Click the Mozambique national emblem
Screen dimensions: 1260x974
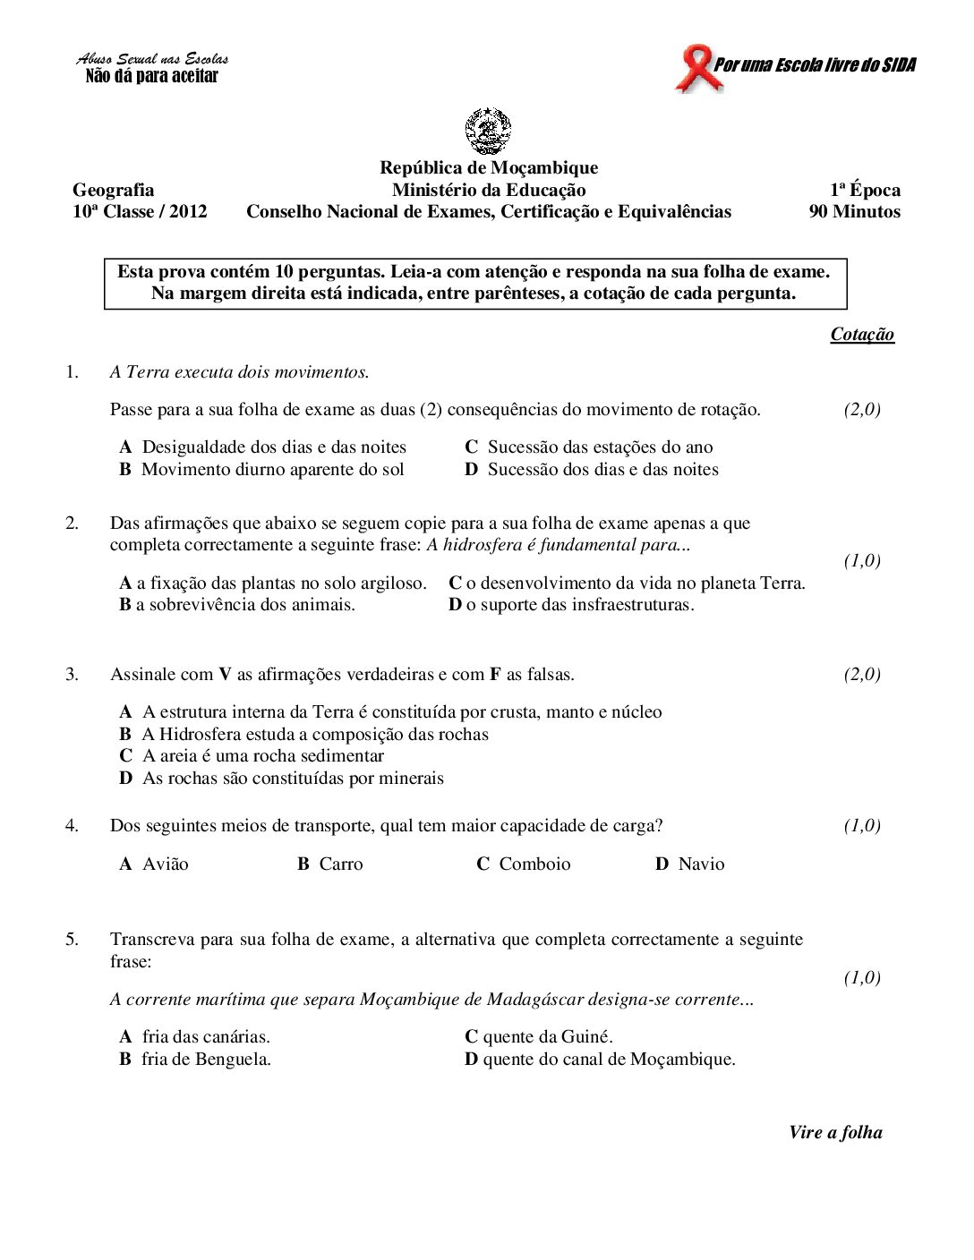pos(488,132)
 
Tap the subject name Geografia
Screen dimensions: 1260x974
pos(113,190)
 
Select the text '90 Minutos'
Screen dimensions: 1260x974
pos(854,212)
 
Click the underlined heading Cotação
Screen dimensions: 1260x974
pos(861,335)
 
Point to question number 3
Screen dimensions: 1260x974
pos(72,675)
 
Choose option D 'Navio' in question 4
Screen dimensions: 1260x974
pos(690,864)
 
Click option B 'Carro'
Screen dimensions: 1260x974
pos(330,864)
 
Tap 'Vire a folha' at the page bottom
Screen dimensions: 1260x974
pos(834,1132)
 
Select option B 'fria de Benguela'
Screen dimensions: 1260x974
pos(196,1060)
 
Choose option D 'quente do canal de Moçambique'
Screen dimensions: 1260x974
pos(600,1060)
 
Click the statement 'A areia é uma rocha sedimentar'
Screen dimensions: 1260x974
pos(252,756)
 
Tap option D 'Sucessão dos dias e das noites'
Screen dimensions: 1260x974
pos(592,470)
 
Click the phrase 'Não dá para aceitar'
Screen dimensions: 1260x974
pos(151,76)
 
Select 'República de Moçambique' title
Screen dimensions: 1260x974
pos(489,167)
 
